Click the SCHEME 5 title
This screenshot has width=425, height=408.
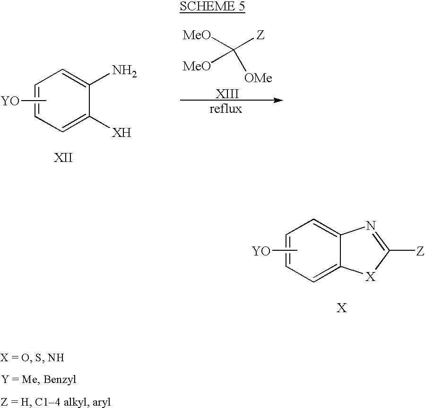pos(212,6)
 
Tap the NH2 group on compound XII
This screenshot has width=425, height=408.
pos(124,71)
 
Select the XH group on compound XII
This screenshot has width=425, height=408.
pos(121,133)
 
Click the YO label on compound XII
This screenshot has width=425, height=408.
pos(10,101)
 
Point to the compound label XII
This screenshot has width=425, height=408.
pos(63,158)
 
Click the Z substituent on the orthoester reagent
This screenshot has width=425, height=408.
pos(260,35)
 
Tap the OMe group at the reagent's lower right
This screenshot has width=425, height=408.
pos(258,78)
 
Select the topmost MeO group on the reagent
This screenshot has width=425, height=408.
pos(197,35)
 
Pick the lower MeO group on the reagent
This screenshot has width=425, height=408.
pos(197,66)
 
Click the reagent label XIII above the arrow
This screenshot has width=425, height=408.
pos(227,94)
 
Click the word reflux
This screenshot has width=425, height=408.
pos(226,109)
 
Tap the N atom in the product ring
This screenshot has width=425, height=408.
pos(371,226)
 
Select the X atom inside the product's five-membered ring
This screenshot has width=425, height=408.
pos(371,277)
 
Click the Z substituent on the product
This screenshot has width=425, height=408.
pos(420,251)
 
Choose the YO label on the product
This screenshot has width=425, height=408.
pos(261,251)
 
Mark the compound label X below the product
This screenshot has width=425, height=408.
pos(341,307)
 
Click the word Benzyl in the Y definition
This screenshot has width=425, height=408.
pos(60,380)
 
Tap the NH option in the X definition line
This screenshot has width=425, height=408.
pos(56,357)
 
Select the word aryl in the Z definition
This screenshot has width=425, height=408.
pos(102,402)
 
